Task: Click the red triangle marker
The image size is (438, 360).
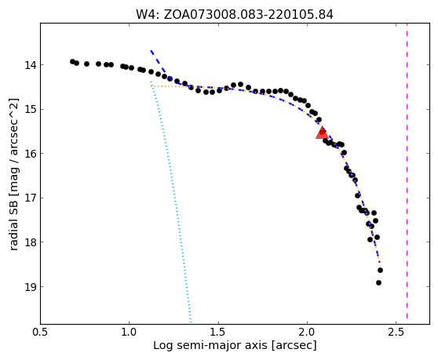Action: (322, 133)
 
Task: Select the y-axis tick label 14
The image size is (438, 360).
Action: (30, 65)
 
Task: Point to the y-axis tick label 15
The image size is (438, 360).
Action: (30, 109)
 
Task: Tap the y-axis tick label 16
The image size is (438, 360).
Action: (30, 154)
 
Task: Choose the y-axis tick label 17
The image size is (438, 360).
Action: (30, 198)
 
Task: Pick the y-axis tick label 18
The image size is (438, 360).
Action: (30, 242)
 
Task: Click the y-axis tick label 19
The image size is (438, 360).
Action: (30, 287)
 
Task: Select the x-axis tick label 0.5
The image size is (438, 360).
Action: (40, 332)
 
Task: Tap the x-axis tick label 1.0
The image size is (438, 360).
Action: (129, 332)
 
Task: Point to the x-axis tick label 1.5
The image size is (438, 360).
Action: (218, 332)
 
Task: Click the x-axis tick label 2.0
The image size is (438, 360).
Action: (307, 332)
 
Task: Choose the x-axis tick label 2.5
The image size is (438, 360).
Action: (396, 332)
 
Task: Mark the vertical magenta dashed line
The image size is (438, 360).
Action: (407, 171)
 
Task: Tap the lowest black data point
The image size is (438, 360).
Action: (378, 282)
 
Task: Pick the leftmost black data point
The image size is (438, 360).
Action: (73, 61)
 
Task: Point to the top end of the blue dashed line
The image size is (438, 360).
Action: (151, 50)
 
